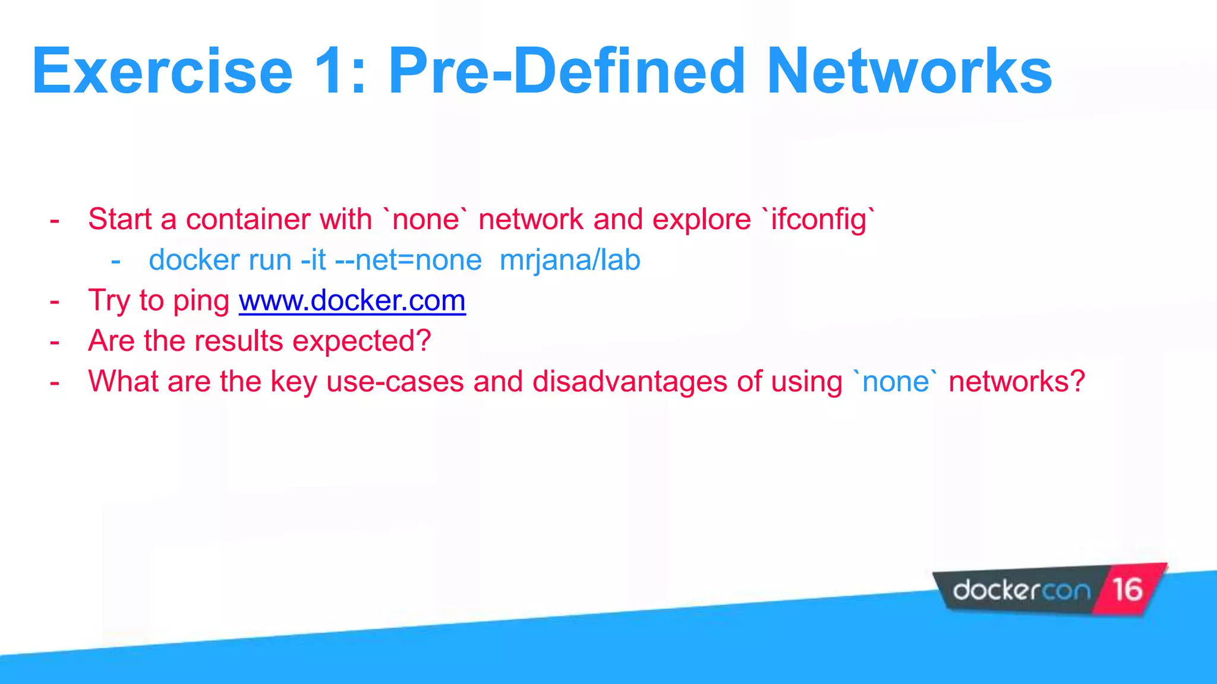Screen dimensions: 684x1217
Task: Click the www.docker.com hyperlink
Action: (352, 300)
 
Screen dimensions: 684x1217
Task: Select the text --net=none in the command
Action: (408, 260)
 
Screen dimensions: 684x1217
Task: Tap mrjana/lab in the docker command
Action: (570, 260)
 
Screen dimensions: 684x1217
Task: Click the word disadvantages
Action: (629, 381)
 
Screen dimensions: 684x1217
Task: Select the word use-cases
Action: (395, 381)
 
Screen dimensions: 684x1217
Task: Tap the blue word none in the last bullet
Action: (895, 381)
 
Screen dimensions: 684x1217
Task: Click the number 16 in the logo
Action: (1127, 590)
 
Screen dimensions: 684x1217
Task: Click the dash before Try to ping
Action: (55, 302)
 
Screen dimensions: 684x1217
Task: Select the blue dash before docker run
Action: (116, 261)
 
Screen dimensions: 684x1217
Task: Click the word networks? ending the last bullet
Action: (1017, 381)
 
